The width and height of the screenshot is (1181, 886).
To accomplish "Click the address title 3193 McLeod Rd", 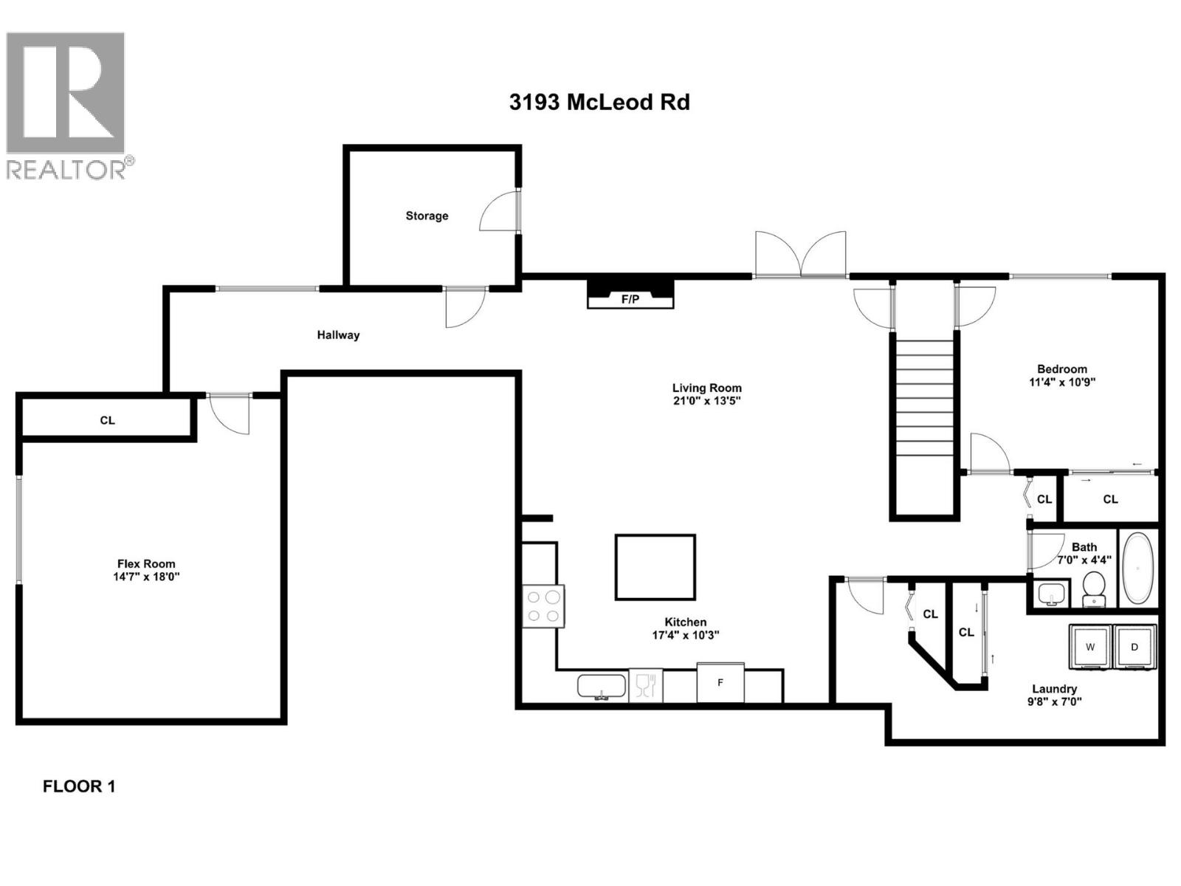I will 599,102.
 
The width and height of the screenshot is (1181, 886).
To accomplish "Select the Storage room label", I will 427,216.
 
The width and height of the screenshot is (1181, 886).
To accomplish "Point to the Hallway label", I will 338,335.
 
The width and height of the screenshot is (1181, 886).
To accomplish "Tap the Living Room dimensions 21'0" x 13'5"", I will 706,401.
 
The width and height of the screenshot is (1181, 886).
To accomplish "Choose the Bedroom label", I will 1061,369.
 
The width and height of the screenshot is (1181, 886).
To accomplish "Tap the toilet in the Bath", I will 1093,588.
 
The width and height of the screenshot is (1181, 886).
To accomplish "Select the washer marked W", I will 1090,648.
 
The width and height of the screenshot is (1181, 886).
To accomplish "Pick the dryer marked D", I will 1134,648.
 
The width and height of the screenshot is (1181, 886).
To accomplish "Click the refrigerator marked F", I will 720,683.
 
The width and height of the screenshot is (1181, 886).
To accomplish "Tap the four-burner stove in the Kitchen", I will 543,606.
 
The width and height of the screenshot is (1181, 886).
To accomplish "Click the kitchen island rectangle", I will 655,567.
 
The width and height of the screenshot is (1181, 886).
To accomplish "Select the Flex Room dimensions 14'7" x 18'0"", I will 146,577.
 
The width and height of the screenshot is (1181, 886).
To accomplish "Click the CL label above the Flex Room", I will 108,420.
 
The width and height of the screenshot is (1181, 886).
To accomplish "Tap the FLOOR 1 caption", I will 79,786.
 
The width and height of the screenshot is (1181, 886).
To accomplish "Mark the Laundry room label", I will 1054,689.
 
